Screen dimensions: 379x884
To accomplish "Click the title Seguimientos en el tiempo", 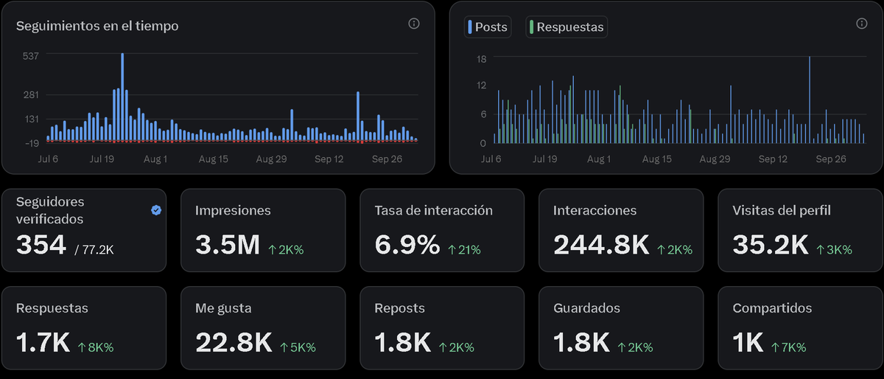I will [97, 26].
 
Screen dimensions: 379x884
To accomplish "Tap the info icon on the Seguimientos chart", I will [414, 24].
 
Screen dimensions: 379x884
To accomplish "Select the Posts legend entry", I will [487, 27].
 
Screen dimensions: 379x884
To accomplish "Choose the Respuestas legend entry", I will [566, 27].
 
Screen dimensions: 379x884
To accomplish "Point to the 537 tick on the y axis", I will [30, 55].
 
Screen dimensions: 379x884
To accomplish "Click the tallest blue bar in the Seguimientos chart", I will [122, 96].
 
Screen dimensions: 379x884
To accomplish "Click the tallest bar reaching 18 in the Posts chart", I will [810, 100].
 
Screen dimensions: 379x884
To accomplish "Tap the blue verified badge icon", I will [156, 210].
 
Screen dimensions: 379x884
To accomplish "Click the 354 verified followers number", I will [41, 246].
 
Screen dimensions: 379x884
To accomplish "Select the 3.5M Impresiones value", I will [227, 246].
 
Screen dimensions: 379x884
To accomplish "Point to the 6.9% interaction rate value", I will [407, 246].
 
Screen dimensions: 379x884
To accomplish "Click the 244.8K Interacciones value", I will [600, 246].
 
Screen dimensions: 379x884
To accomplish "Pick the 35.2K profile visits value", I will [770, 246].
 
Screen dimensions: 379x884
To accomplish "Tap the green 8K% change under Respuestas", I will [95, 347].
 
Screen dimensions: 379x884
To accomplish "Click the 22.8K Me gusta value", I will [233, 343].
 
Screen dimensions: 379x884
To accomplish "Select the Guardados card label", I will [586, 308].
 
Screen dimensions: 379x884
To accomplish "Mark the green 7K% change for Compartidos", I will [788, 347].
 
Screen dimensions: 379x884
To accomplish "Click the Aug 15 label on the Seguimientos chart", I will [213, 159].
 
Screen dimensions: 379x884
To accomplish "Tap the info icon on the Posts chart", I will [862, 24].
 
